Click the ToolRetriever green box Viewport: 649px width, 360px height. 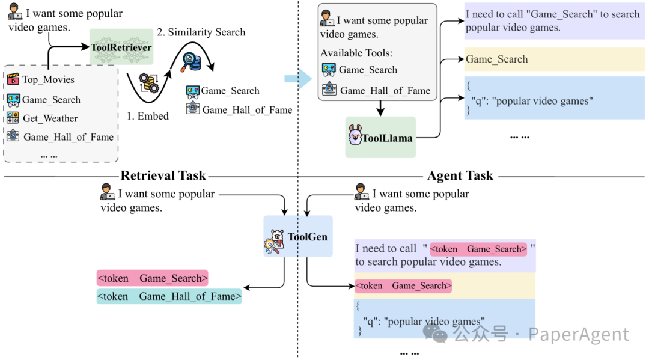click(121, 47)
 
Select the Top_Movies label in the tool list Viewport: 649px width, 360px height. click(48, 79)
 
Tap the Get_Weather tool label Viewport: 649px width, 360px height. click(50, 118)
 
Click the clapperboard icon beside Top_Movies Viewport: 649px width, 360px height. click(13, 79)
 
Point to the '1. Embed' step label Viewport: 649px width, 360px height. click(148, 116)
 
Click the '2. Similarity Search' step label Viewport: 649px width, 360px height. click(201, 32)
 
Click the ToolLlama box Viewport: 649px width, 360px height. click(380, 138)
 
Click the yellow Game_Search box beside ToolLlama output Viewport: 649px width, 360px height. click(555, 59)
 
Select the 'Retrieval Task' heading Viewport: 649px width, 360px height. click(163, 176)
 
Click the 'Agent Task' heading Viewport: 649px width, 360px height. click(460, 176)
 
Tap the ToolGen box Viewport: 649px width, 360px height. click(298, 236)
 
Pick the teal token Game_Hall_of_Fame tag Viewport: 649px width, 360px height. click(169, 296)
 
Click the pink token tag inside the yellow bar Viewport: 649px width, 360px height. click(403, 286)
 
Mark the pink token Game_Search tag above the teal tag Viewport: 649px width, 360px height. click(152, 278)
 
